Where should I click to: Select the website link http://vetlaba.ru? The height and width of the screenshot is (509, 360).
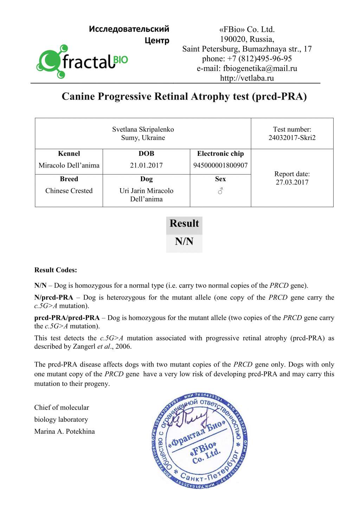click(x=247, y=78)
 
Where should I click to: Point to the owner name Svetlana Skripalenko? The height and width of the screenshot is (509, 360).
click(x=143, y=129)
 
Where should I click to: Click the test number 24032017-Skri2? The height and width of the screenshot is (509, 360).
click(x=292, y=138)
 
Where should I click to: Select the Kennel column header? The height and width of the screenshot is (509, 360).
click(x=69, y=154)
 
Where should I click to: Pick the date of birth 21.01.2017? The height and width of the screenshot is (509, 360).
click(x=146, y=165)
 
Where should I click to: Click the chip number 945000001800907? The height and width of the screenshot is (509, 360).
click(x=220, y=165)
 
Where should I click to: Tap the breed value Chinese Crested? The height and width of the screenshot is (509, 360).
click(x=69, y=191)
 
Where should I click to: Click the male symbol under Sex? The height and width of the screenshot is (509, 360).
click(x=220, y=191)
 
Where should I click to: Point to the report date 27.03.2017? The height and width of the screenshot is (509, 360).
click(x=292, y=182)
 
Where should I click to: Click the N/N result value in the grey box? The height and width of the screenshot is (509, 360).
click(x=184, y=242)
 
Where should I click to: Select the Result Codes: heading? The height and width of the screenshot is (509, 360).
click(x=56, y=270)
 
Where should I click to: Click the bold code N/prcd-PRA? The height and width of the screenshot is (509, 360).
click(x=54, y=298)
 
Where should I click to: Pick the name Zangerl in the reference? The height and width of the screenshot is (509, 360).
click(x=84, y=346)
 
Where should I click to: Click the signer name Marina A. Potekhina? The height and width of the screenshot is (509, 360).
click(x=64, y=432)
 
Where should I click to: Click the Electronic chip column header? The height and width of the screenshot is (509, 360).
click(x=220, y=154)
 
